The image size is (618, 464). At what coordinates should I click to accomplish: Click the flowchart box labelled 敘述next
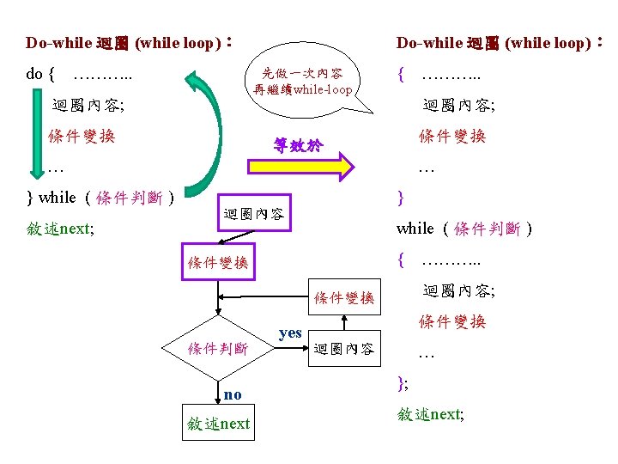tap(218, 423)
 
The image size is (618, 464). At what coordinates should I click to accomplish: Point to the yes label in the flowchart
tap(290, 333)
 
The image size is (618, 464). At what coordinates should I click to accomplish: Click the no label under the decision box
tap(232, 394)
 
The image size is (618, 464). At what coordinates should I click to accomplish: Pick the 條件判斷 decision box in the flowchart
tap(218, 348)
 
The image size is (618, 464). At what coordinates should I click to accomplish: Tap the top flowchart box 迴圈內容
tap(253, 213)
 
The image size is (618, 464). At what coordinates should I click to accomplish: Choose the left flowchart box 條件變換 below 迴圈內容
tap(218, 263)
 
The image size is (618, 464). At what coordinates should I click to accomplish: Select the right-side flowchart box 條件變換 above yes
tap(343, 297)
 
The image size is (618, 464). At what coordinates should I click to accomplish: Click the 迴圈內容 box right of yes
tap(343, 348)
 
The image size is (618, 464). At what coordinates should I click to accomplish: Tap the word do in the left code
tap(34, 73)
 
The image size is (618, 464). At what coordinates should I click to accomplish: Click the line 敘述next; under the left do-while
tap(60, 229)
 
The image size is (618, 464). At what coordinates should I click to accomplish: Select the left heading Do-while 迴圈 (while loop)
tap(129, 42)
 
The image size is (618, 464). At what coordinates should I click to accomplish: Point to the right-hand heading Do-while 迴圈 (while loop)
tap(503, 42)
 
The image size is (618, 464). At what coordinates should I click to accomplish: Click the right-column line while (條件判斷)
tap(464, 229)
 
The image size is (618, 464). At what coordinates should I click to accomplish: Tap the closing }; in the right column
tap(403, 384)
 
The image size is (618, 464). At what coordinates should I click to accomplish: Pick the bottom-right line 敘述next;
tap(431, 414)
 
